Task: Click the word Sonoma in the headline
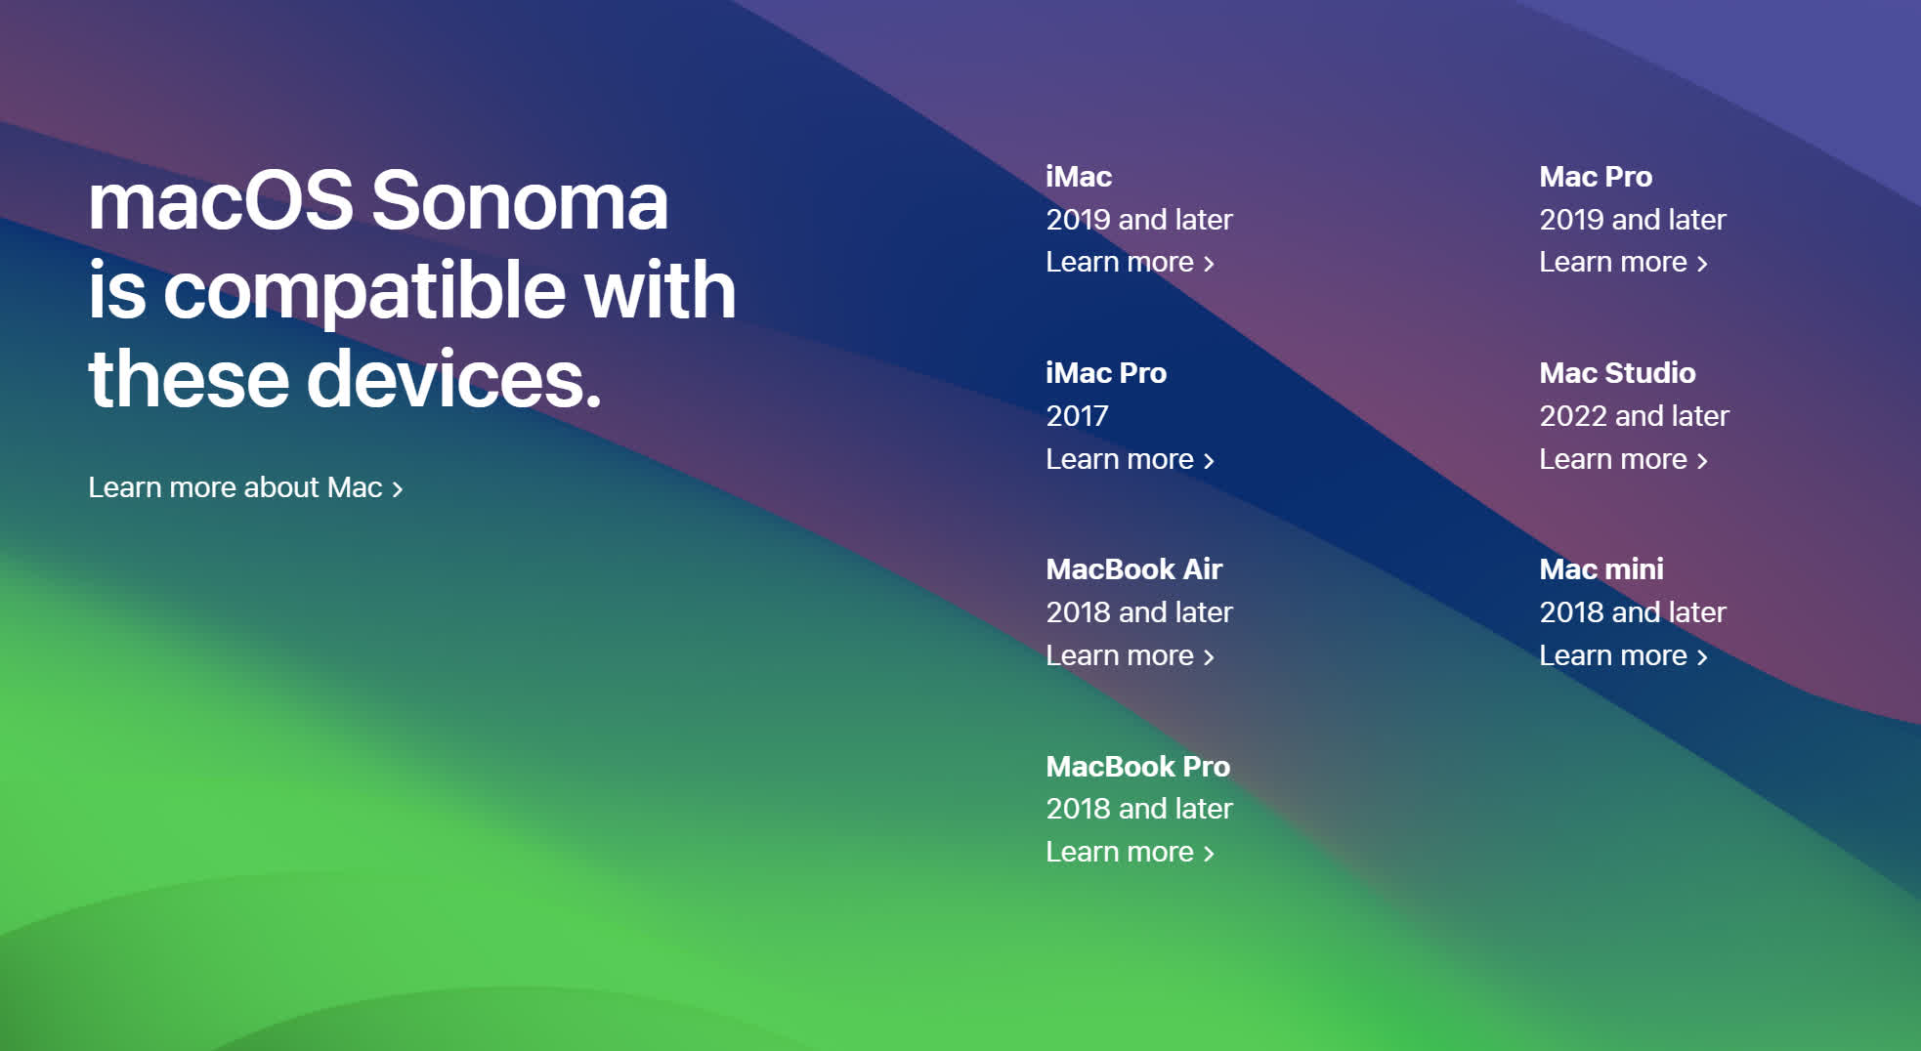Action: tap(519, 200)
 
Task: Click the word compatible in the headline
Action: tap(364, 292)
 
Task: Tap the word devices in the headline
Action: tap(454, 378)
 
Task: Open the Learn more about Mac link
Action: tap(245, 487)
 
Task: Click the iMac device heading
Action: tap(1079, 177)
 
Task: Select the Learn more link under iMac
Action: tap(1130, 263)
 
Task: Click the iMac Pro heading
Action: tap(1106, 373)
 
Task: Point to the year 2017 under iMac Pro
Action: tap(1077, 416)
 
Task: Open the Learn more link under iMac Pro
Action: tap(1130, 459)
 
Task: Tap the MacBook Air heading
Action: tap(1134, 569)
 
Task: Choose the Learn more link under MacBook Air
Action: tap(1130, 655)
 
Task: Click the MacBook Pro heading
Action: tap(1138, 767)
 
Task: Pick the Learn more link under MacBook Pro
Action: tap(1130, 852)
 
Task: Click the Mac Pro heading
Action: tap(1596, 177)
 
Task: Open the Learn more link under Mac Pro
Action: tap(1623, 263)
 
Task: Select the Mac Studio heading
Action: tap(1617, 373)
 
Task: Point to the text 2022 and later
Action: tap(1634, 416)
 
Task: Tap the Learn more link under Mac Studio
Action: tap(1623, 459)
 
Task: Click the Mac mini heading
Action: tap(1601, 569)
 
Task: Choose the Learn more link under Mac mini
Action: tap(1623, 655)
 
